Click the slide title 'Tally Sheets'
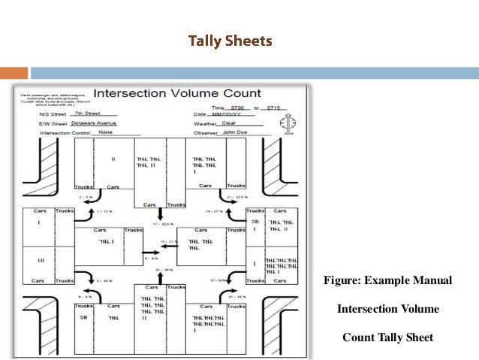coord(229,41)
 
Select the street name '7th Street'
coord(89,113)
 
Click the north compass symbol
coord(292,123)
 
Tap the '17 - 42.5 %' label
coord(163,223)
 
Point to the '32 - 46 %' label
coord(164,268)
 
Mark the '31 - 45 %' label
coord(236,296)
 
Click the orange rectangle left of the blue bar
coord(14,73)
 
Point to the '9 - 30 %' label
coord(104,280)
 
